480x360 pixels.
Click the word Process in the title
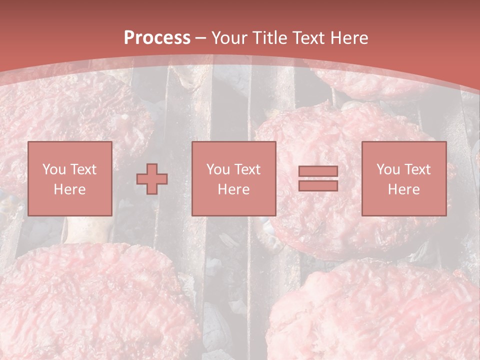pos(157,38)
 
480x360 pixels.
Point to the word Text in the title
pos(310,38)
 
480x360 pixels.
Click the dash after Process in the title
pos(201,38)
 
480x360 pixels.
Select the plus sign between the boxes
pos(152,179)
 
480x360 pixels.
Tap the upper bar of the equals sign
pos(318,171)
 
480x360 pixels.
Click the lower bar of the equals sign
pos(318,185)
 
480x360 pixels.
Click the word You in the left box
pos(54,169)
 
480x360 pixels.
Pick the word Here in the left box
pos(69,189)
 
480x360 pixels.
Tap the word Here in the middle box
pos(233,189)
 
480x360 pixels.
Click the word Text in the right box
pos(417,169)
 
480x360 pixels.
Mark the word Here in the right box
pos(403,189)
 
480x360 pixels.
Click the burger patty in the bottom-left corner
pos(90,300)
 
